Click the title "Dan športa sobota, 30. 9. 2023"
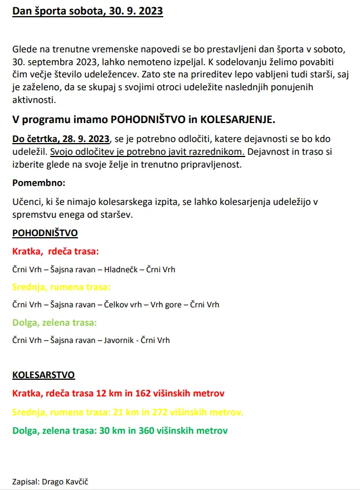[x=87, y=12]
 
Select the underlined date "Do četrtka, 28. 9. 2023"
[x=61, y=139]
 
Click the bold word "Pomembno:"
[x=38, y=183]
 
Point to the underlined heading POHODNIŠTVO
[x=45, y=233]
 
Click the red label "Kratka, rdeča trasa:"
[x=55, y=252]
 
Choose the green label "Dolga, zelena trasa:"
[x=55, y=322]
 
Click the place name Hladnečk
[x=121, y=269]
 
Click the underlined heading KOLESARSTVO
[x=43, y=375]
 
